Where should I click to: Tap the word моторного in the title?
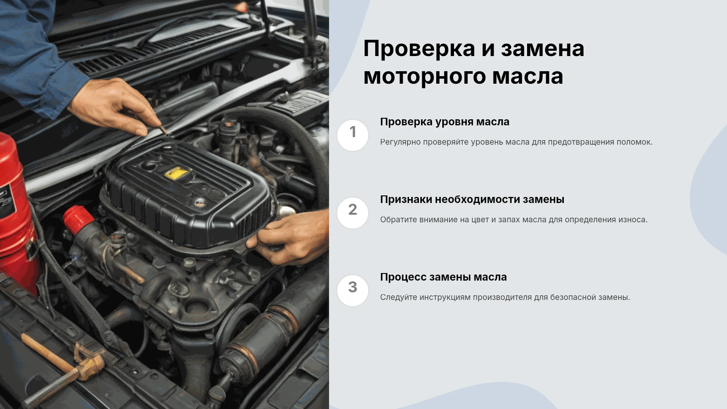click(x=424, y=76)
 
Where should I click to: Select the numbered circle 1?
click(x=353, y=135)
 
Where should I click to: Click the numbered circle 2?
click(x=353, y=213)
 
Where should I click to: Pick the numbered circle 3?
click(x=353, y=290)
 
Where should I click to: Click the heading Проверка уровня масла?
click(x=445, y=122)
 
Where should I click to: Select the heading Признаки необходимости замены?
click(x=472, y=200)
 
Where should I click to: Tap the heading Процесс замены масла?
click(x=443, y=277)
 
